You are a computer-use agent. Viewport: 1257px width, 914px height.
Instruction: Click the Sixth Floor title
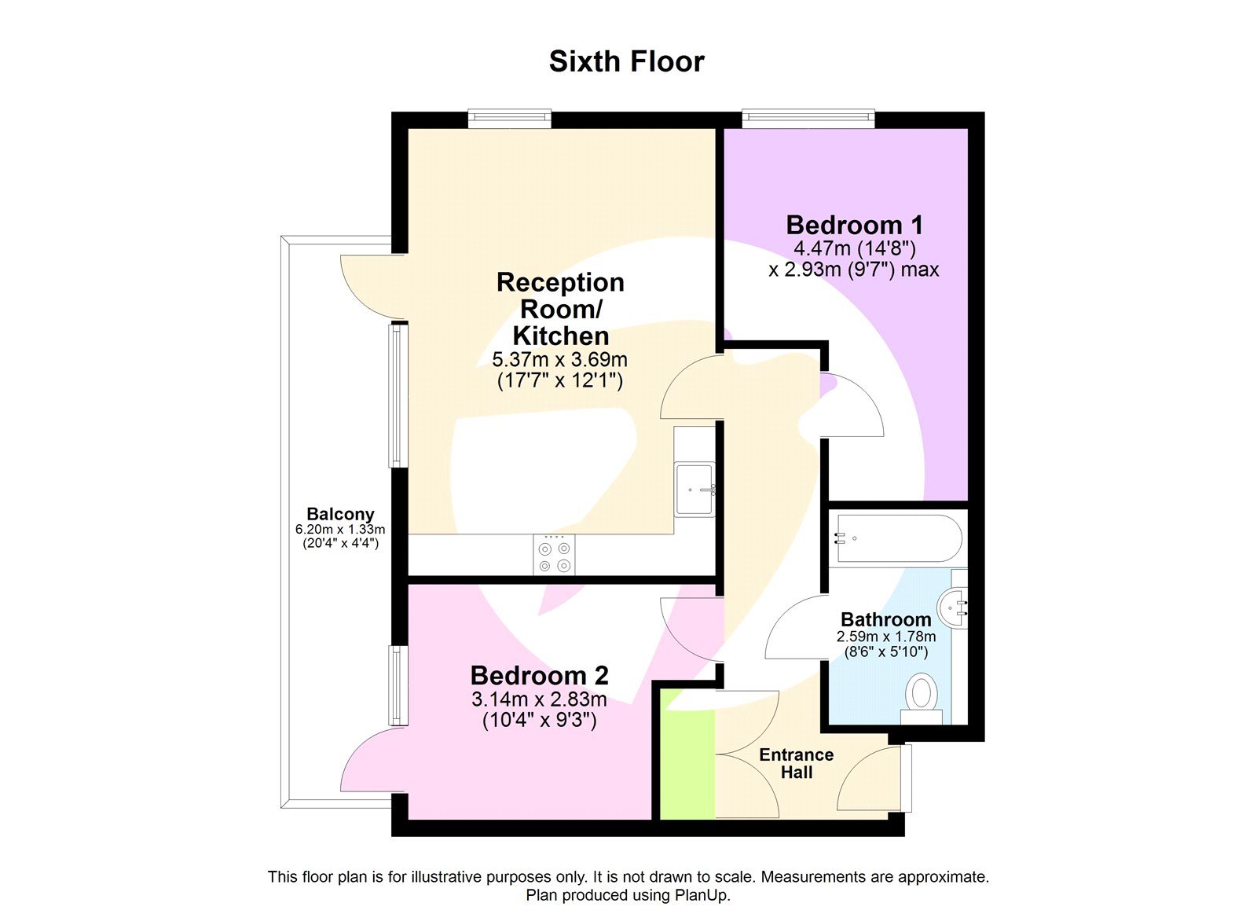click(626, 61)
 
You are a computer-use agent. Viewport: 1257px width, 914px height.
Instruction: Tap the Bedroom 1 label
click(854, 226)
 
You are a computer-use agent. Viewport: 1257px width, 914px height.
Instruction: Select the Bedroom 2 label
click(539, 675)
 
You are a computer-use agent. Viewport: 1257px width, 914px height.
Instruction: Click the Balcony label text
click(340, 514)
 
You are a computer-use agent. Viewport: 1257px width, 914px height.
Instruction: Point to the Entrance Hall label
click(796, 763)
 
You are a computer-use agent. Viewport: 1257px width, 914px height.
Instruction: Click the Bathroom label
click(885, 619)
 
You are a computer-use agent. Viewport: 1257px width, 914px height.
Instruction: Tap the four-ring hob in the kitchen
click(554, 554)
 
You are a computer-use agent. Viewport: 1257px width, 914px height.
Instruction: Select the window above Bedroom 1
click(808, 119)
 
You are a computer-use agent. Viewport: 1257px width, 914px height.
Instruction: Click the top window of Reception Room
click(509, 119)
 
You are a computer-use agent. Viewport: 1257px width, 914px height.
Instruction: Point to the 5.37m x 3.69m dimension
click(559, 360)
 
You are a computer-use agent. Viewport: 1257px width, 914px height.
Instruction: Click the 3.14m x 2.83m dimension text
click(539, 699)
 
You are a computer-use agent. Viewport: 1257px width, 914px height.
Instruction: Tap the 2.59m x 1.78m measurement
click(885, 637)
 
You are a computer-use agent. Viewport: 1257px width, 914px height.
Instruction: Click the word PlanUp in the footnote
click(702, 895)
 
